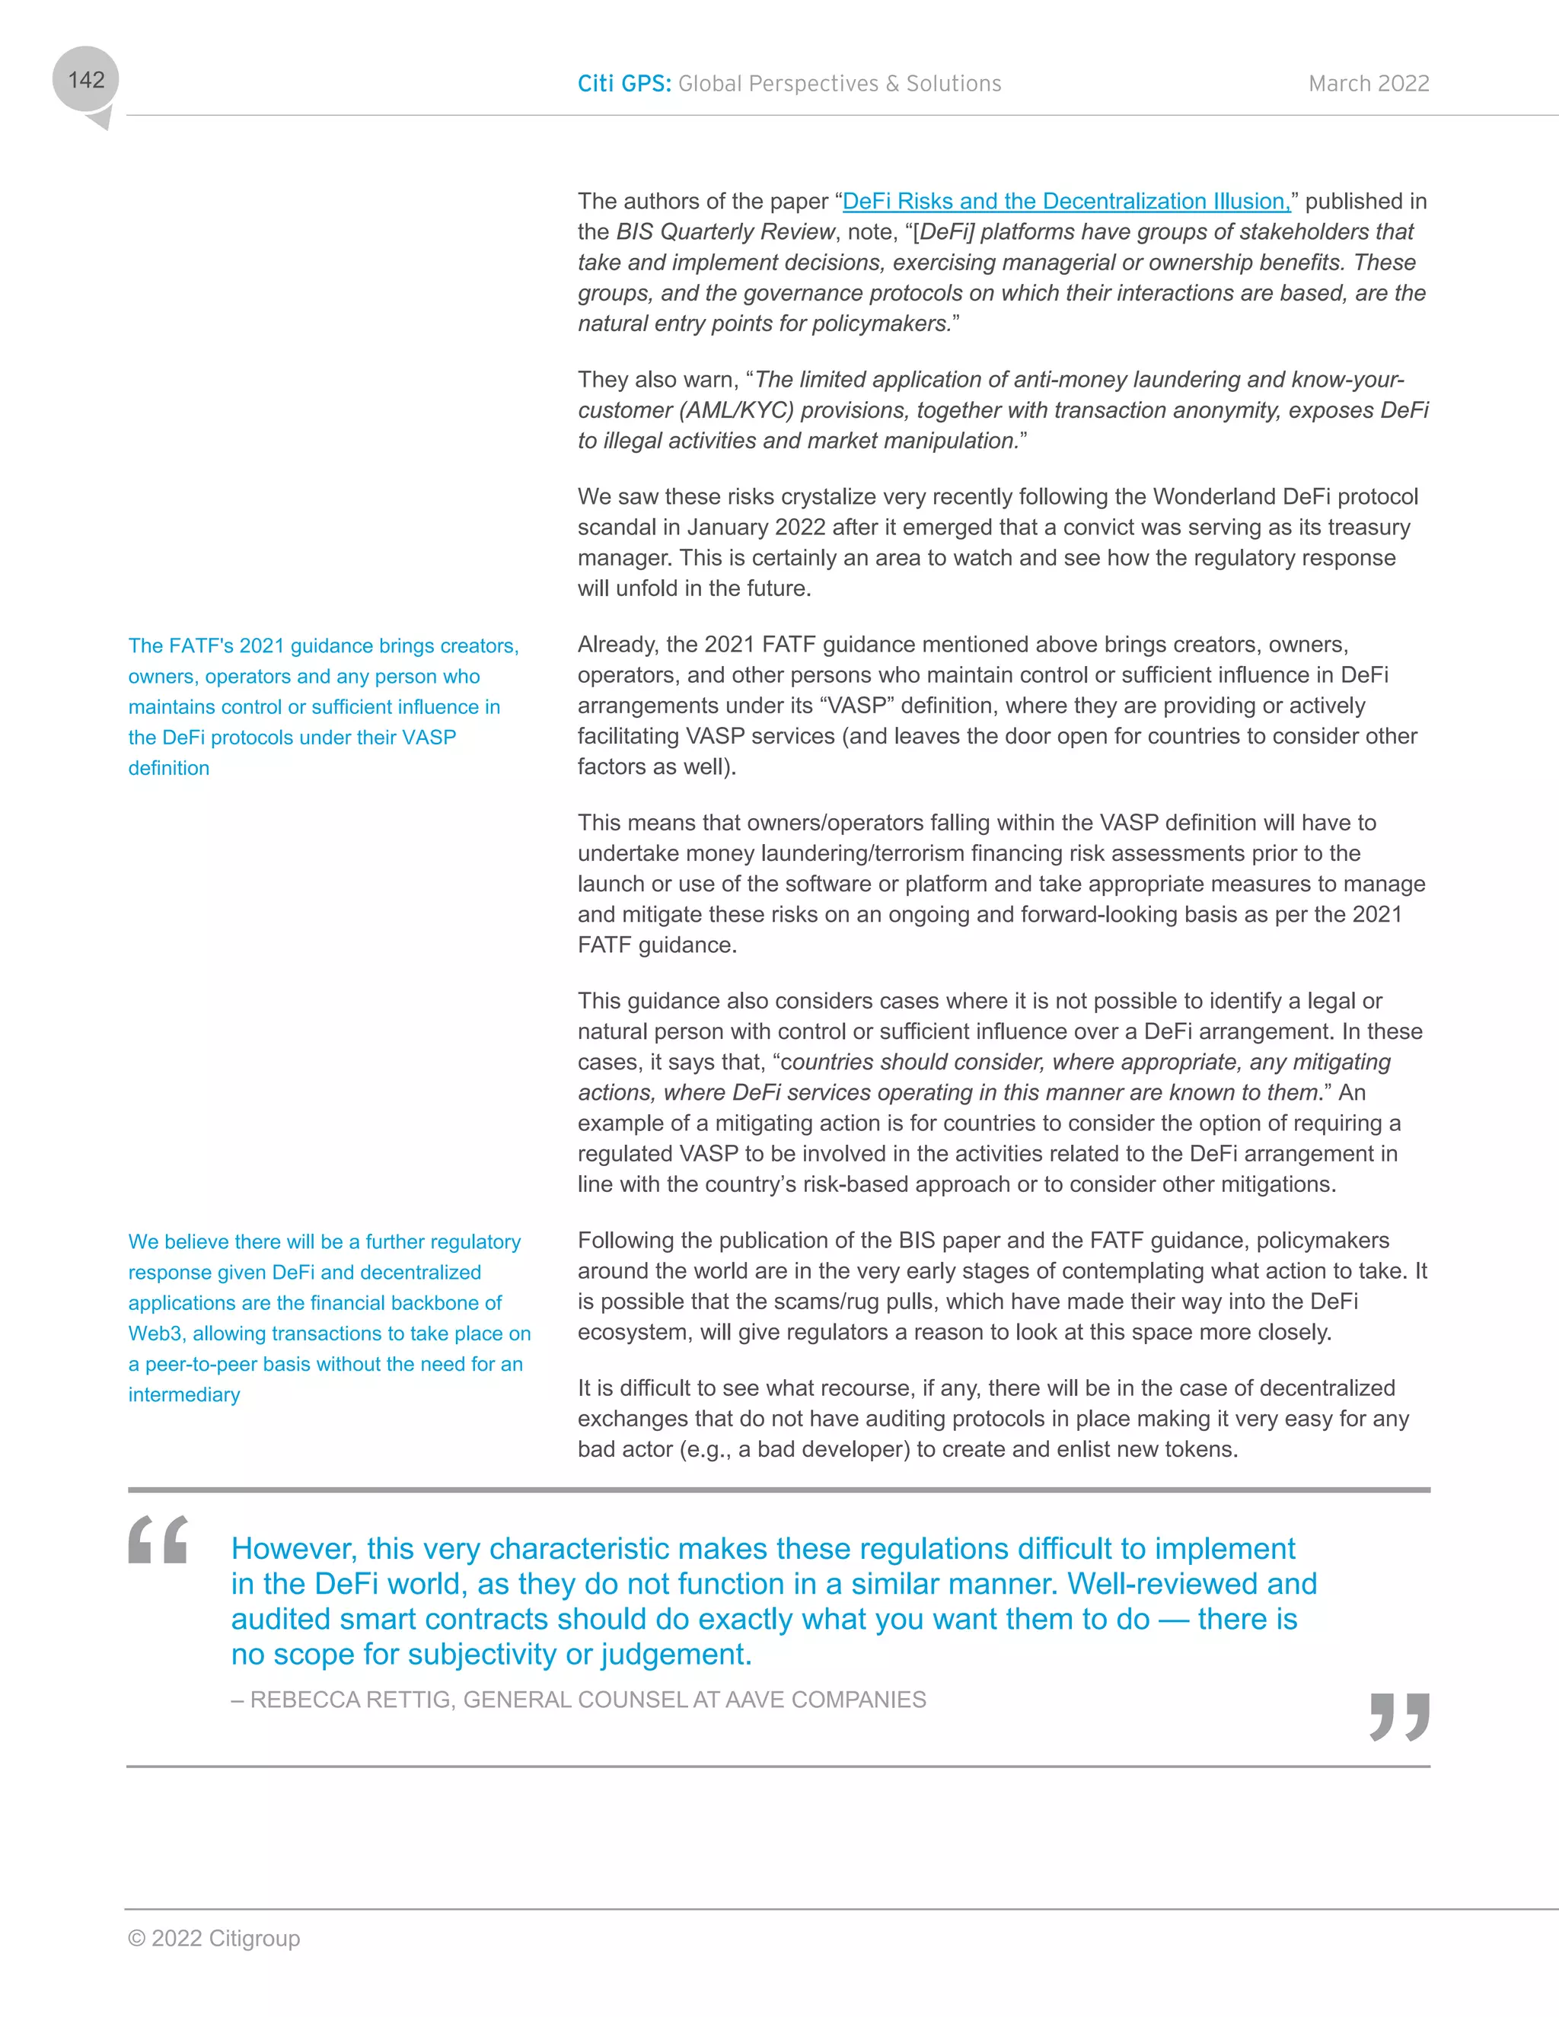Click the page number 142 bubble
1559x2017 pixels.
(86, 81)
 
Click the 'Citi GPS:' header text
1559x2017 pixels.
(624, 84)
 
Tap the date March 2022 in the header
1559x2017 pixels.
(1368, 84)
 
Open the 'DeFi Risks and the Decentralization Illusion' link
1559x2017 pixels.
(1066, 202)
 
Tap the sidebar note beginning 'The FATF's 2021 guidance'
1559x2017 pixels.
(324, 706)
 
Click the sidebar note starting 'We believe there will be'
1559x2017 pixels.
(329, 1318)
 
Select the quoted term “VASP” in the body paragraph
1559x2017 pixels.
(857, 706)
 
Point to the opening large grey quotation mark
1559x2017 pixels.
(158, 1540)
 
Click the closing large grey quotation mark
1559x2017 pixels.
(1399, 1716)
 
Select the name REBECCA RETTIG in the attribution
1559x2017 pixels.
(352, 1700)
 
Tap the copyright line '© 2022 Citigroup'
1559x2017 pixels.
(214, 1939)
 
